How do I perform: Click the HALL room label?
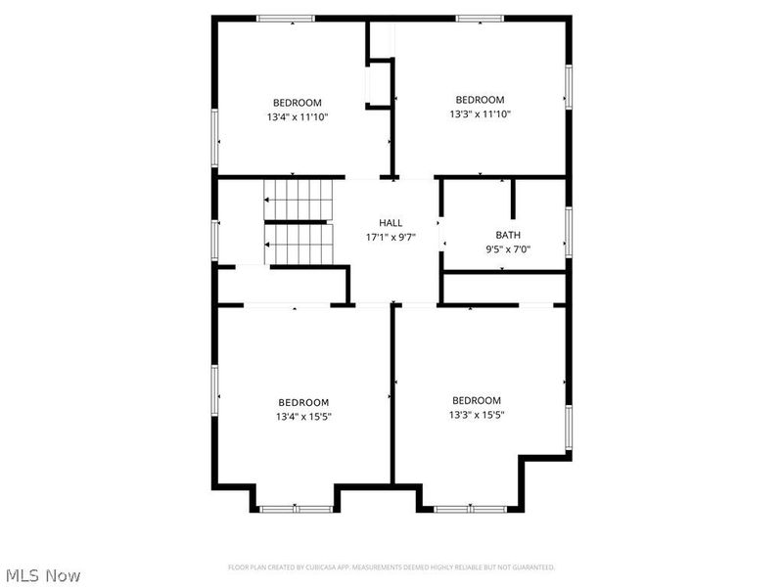tap(391, 223)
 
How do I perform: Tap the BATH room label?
tap(508, 235)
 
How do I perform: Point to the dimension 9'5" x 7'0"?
tap(508, 249)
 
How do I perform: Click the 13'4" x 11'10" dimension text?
tap(297, 117)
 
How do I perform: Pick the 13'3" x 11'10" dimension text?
tap(480, 113)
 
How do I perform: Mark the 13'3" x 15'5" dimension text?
tap(477, 415)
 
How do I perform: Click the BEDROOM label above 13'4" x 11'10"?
tap(297, 103)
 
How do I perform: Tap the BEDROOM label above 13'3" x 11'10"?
tap(480, 100)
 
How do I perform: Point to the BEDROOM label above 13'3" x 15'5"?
tap(477, 400)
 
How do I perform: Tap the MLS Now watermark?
tap(42, 575)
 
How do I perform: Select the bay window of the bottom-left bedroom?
tap(296, 508)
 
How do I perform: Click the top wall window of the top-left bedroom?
tap(286, 18)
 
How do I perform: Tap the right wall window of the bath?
tap(567, 231)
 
